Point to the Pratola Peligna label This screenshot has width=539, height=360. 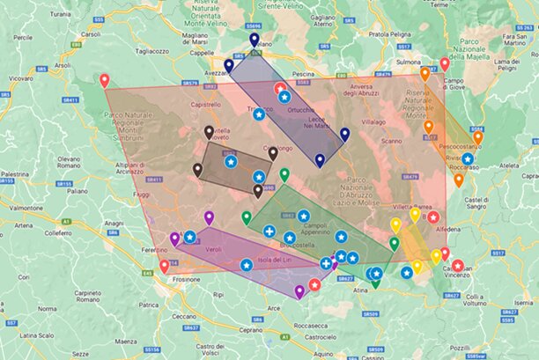(390, 35)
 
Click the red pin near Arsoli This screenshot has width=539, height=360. (104, 80)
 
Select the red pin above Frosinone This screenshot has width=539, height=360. (164, 265)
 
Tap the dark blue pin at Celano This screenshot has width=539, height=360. (254, 39)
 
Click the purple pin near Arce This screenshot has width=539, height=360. (299, 290)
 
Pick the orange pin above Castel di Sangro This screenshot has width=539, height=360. (458, 180)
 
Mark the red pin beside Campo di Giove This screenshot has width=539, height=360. (444, 63)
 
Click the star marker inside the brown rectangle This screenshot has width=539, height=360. (230, 162)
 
